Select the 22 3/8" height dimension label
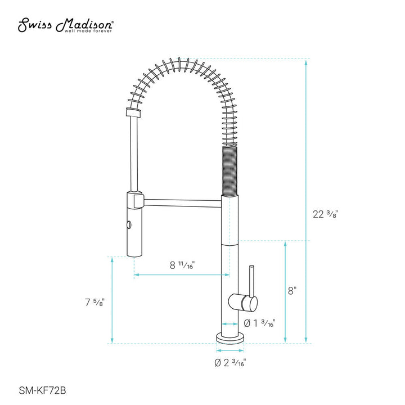[326, 214]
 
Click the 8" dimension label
[291, 291]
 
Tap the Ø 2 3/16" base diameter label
[230, 362]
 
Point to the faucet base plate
[230, 338]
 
